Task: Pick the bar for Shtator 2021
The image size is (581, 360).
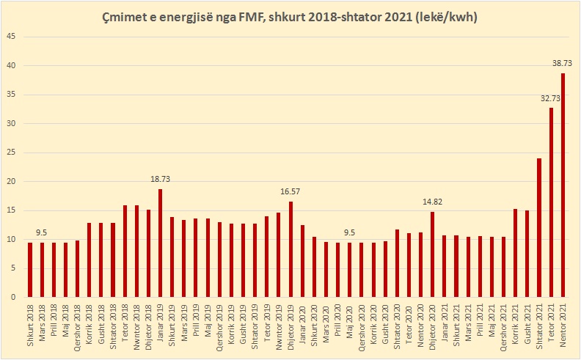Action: click(539, 228)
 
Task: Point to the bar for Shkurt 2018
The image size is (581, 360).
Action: click(30, 270)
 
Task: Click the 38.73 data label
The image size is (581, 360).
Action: click(563, 64)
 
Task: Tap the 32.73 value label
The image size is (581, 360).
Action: click(551, 98)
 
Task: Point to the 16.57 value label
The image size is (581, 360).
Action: click(290, 192)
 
